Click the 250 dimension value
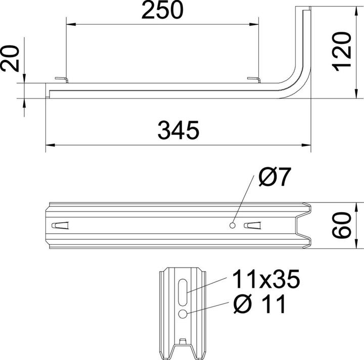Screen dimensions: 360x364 point(161,11)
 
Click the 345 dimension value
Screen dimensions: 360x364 point(178,131)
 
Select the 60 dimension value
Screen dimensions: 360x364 point(343,224)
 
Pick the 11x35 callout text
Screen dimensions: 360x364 point(266,279)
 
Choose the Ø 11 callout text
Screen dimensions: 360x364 point(259,304)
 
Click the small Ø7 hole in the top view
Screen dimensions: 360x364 point(232,225)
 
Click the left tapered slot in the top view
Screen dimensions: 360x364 point(61,225)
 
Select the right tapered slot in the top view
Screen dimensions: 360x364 point(252,225)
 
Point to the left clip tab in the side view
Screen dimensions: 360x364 point(61,79)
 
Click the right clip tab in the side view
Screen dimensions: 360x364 point(254,79)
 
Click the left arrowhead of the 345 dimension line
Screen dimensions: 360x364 point(50,145)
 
